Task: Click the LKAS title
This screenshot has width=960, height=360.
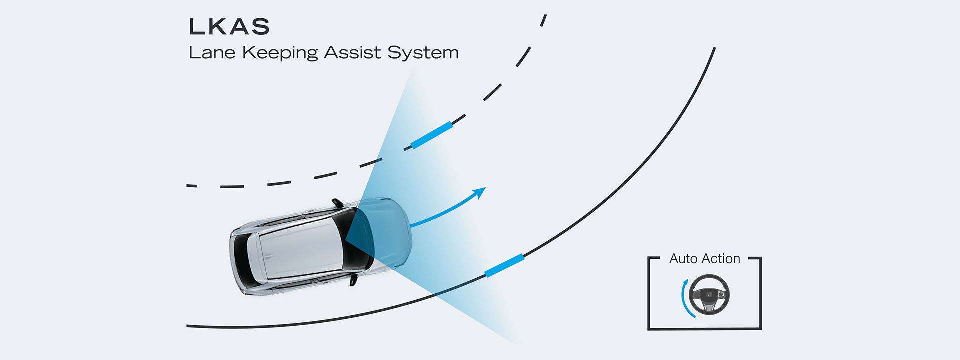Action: click(229, 27)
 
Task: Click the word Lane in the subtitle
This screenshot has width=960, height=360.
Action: click(212, 52)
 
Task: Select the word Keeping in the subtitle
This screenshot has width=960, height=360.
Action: click(280, 53)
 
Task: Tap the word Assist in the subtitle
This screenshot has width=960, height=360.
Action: click(352, 52)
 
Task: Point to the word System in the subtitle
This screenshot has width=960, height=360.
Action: click(423, 53)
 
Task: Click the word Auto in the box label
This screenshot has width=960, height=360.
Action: click(683, 259)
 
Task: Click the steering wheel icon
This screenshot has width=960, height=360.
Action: click(709, 295)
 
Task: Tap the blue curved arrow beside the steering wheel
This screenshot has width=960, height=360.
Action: click(683, 299)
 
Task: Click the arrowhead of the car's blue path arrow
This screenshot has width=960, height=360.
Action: click(480, 192)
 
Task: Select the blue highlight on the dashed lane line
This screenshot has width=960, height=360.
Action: click(432, 135)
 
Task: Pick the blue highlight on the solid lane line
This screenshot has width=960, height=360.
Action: click(504, 265)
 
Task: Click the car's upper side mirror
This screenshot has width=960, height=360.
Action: click(337, 203)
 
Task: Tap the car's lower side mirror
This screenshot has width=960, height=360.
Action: click(353, 280)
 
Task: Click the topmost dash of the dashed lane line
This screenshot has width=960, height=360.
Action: click(543, 21)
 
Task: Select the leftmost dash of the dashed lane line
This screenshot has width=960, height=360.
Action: click(192, 186)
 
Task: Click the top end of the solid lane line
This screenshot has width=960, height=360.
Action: click(714, 48)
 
